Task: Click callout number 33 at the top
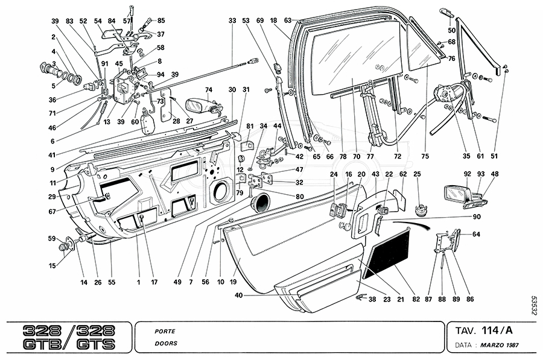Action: point(232,21)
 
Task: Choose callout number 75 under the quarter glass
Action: point(425,156)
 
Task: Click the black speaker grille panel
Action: point(389,251)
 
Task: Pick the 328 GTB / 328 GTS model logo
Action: point(68,337)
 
